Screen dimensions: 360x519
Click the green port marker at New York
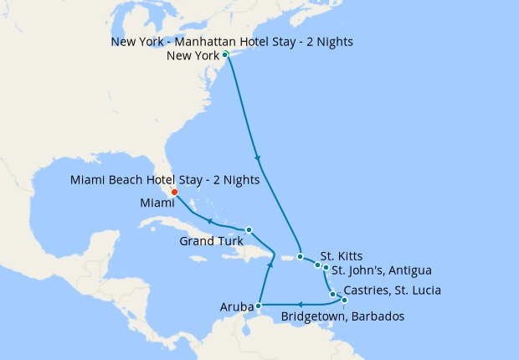click(225, 54)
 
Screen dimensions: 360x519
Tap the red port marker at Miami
click(174, 193)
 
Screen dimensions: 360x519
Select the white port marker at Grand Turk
click(249, 229)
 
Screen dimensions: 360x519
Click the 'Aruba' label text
click(237, 307)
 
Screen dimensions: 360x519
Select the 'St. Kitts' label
click(342, 256)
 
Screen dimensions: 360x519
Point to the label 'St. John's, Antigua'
click(382, 270)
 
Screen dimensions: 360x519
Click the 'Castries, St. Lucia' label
click(392, 291)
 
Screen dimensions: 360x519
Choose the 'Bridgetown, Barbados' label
click(343, 316)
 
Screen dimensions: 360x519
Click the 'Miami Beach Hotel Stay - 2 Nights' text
click(165, 179)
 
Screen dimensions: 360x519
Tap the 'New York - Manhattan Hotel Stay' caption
click(232, 42)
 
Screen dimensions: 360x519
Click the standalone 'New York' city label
click(193, 56)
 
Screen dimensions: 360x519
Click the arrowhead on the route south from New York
click(257, 158)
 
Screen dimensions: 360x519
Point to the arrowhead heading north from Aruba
click(270, 265)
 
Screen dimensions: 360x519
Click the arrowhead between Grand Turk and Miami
click(209, 220)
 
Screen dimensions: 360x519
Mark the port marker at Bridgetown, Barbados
click(343, 299)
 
